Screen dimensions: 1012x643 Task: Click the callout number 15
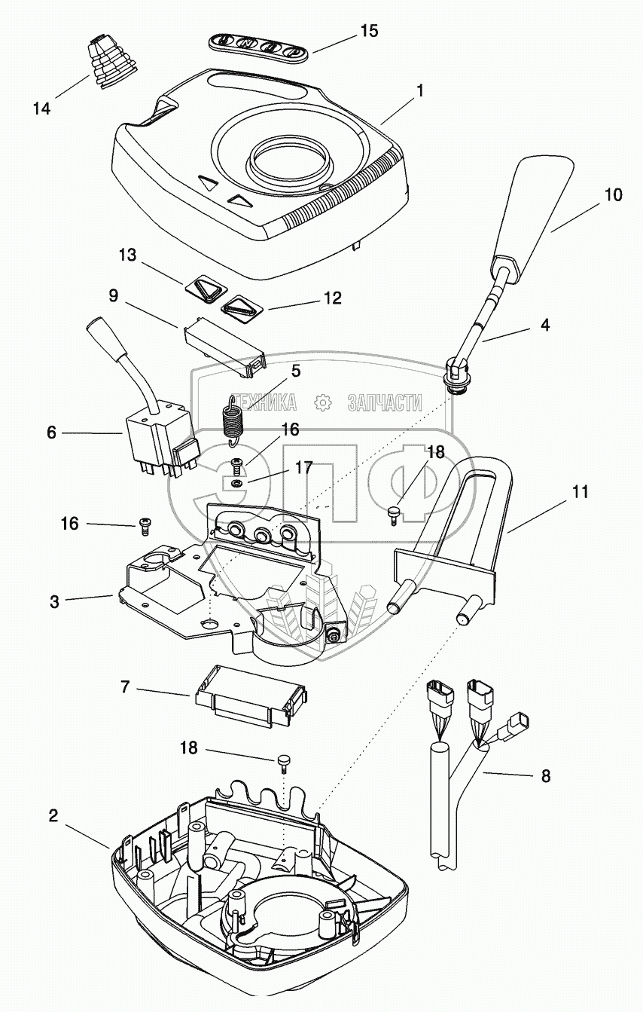(x=369, y=32)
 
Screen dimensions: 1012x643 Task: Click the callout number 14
(x=41, y=109)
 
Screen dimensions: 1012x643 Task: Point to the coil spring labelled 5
(x=233, y=416)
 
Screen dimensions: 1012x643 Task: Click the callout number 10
(x=614, y=195)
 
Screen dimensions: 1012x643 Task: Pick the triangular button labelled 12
(x=239, y=306)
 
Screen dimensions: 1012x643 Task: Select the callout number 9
(x=112, y=296)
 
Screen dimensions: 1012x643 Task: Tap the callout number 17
(x=303, y=468)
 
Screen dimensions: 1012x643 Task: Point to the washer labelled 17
(x=236, y=482)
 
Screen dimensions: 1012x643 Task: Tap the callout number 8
(x=545, y=775)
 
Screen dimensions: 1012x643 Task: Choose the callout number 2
(x=53, y=816)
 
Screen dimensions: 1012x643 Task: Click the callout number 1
(x=419, y=91)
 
